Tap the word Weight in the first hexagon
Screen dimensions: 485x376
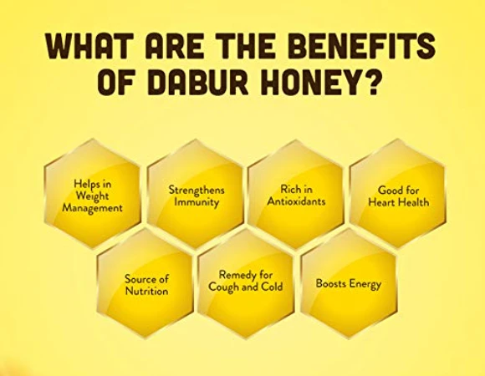93,196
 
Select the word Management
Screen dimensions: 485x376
93,208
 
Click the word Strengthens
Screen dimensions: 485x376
197,190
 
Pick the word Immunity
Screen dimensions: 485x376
197,202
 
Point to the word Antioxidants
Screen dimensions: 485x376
296,201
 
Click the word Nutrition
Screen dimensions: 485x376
147,291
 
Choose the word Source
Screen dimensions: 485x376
139,279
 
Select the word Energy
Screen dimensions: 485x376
365,284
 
